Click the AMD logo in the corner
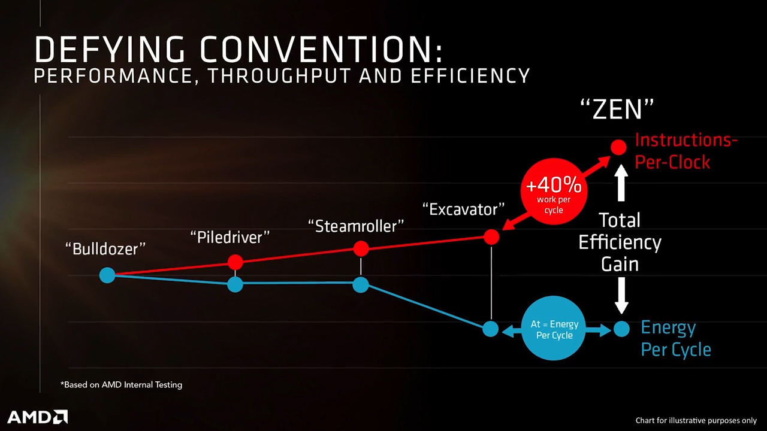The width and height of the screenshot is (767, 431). pyautogui.click(x=37, y=417)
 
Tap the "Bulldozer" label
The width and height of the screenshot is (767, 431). pyautogui.click(x=105, y=248)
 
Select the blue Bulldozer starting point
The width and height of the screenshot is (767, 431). pyautogui.click(x=107, y=275)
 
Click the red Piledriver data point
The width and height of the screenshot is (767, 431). pyautogui.click(x=235, y=262)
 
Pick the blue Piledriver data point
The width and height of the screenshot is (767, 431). pyautogui.click(x=235, y=284)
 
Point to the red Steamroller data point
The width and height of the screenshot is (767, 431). pyautogui.click(x=361, y=248)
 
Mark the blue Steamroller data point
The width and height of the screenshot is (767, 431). pyautogui.click(x=361, y=284)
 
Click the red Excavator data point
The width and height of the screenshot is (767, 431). pyautogui.click(x=491, y=237)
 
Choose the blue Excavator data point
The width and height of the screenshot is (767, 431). pyautogui.click(x=490, y=329)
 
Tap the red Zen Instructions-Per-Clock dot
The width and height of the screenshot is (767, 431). pyautogui.click(x=618, y=147)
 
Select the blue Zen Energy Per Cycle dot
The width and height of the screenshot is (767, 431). pyautogui.click(x=621, y=329)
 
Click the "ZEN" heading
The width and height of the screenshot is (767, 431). pyautogui.click(x=617, y=110)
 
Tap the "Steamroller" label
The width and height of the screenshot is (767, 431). pyautogui.click(x=356, y=226)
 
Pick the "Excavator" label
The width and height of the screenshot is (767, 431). pyautogui.click(x=464, y=210)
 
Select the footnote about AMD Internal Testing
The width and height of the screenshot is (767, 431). pyautogui.click(x=121, y=385)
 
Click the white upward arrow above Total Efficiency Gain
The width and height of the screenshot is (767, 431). pyautogui.click(x=621, y=183)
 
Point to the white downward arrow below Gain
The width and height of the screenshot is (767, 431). pyautogui.click(x=621, y=296)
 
